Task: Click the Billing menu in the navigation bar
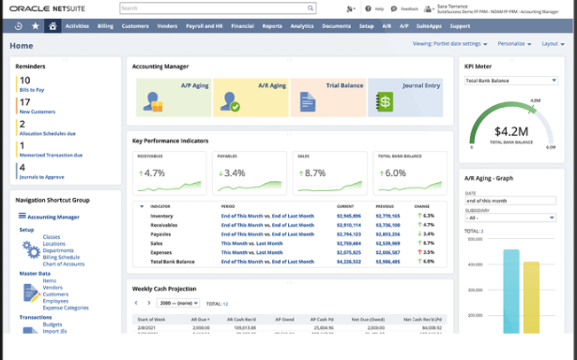coord(104,26)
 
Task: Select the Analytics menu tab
coord(302,26)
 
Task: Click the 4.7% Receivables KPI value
coord(153,172)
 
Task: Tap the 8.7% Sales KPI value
coord(314,172)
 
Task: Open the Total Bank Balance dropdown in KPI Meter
coord(511,81)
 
